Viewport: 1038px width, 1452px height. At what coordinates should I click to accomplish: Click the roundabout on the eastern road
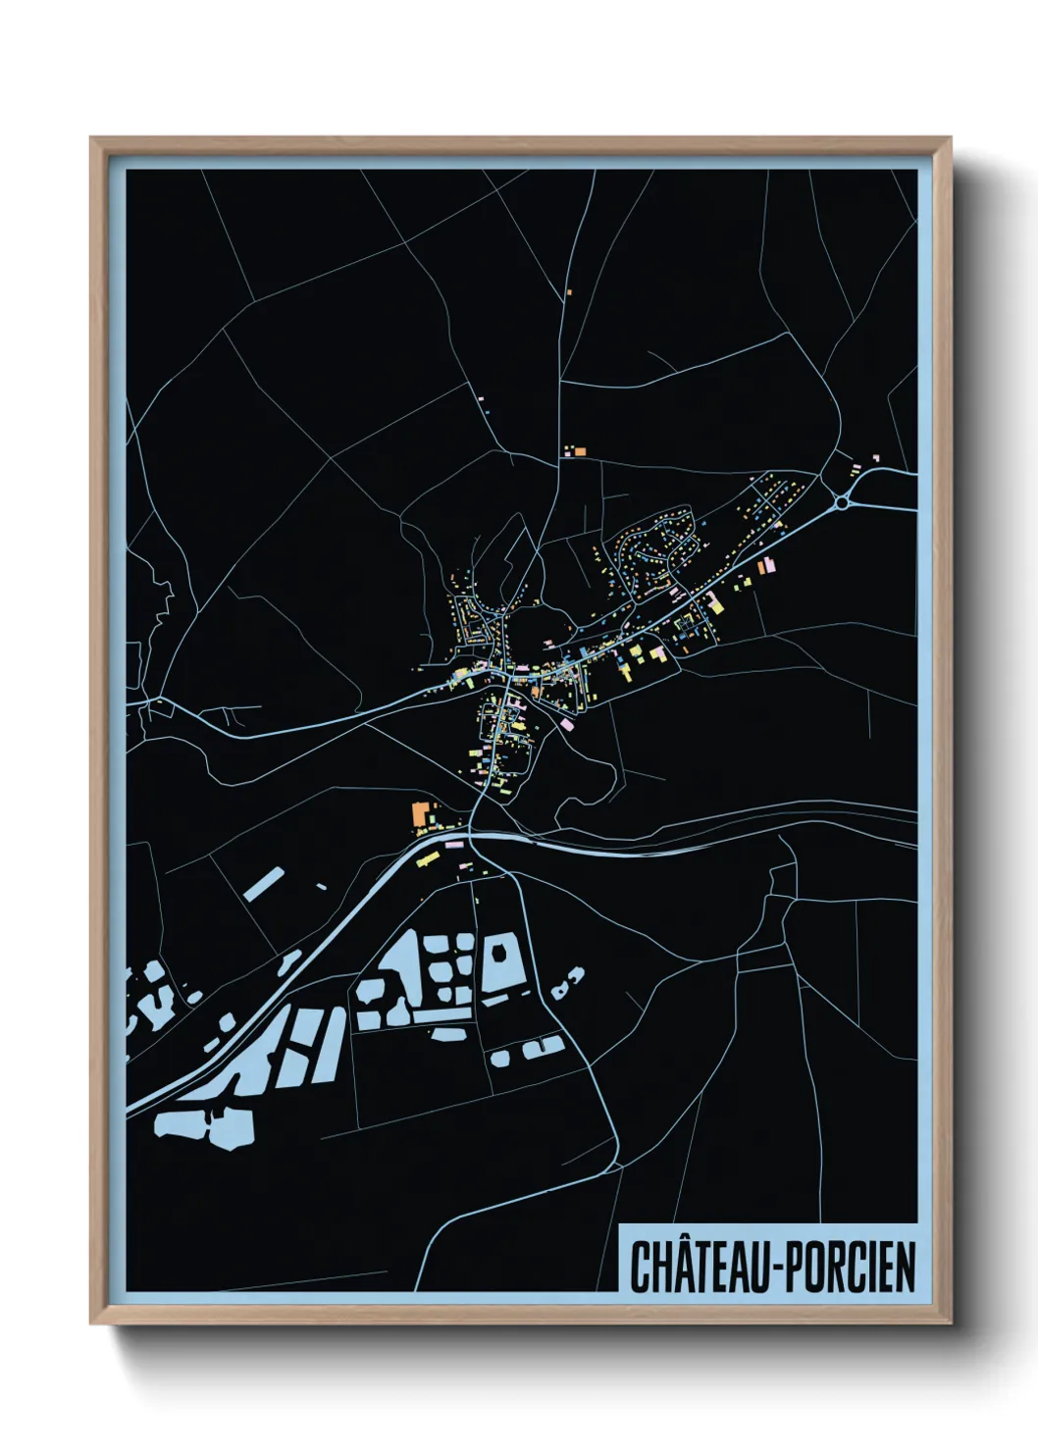tap(842, 503)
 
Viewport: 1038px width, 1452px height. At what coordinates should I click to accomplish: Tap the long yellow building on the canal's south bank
tap(427, 860)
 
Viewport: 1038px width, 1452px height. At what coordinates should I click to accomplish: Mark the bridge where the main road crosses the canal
tap(471, 836)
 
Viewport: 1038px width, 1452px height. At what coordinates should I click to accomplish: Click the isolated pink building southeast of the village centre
tap(566, 724)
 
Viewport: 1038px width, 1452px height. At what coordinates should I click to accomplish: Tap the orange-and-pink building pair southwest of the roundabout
tap(767, 566)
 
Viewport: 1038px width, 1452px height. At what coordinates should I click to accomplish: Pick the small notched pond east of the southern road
tap(567, 982)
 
